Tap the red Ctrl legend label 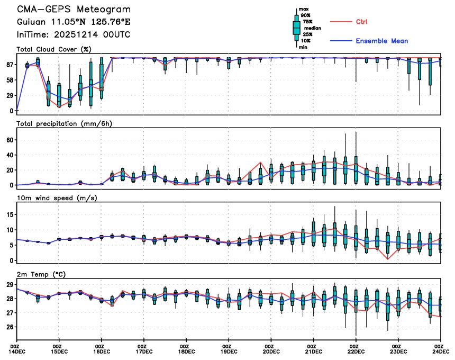pyautogui.click(x=362, y=22)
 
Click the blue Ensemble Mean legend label pyautogui.click(x=381, y=41)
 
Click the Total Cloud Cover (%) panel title pyautogui.click(x=54, y=49)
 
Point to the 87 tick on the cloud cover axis pyautogui.click(x=10, y=65)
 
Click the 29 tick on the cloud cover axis pyautogui.click(x=10, y=95)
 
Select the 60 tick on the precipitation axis pyautogui.click(x=10, y=140)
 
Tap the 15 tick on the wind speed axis pyautogui.click(x=10, y=214)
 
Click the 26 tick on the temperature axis pyautogui.click(x=10, y=327)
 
